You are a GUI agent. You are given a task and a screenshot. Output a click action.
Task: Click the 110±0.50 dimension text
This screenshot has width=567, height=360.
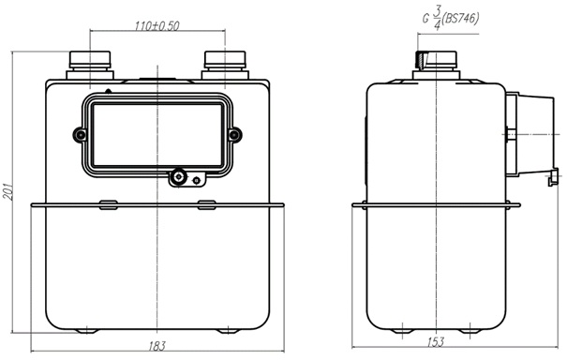click(157, 25)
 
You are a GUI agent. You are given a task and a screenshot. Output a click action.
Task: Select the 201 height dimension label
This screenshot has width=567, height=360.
click(7, 191)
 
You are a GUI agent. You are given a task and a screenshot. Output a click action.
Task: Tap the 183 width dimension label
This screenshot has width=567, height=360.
click(157, 346)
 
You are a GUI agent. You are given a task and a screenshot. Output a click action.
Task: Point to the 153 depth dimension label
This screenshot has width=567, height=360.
click(435, 342)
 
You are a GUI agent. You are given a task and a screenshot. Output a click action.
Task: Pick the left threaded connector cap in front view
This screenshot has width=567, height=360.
click(90, 60)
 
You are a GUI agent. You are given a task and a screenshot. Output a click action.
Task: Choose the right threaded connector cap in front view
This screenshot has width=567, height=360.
click(225, 60)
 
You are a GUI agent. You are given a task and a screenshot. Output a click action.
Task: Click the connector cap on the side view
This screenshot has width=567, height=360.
click(436, 60)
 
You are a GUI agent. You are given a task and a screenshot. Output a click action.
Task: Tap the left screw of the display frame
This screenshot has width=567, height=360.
click(80, 135)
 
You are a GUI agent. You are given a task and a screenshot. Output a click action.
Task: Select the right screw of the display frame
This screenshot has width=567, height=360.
click(234, 135)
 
